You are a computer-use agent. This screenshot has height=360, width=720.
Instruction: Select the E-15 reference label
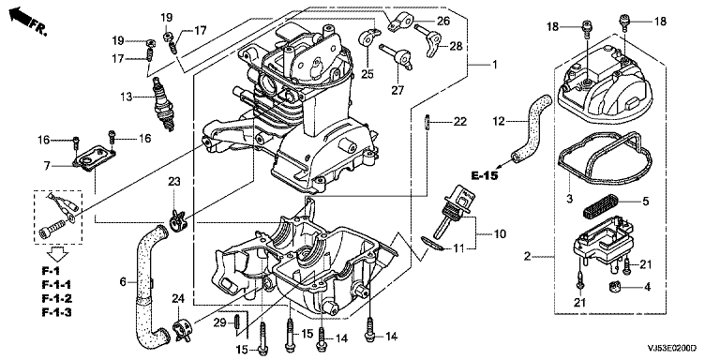(485, 176)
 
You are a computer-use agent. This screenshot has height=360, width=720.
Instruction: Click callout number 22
(460, 122)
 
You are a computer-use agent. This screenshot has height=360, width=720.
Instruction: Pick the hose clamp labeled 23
(176, 222)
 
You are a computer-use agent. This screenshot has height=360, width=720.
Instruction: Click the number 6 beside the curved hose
(123, 282)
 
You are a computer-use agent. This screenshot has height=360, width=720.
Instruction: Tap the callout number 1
(495, 65)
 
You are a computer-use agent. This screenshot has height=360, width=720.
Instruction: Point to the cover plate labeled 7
(95, 158)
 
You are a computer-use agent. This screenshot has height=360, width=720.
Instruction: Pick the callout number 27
(397, 90)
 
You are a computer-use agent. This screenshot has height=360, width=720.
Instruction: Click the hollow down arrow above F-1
(57, 252)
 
